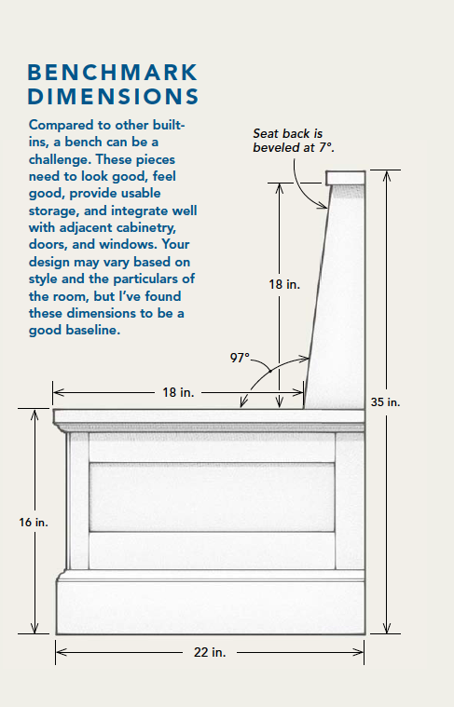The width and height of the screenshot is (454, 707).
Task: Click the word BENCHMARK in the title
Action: [113, 73]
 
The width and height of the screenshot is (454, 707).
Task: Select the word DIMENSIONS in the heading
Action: [113, 96]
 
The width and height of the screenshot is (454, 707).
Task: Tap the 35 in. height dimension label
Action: [386, 402]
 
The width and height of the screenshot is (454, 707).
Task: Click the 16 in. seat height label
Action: [34, 523]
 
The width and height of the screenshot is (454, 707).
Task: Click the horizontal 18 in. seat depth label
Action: [178, 393]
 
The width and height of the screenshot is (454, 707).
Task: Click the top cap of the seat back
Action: [345, 177]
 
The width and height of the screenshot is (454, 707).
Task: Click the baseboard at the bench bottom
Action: [210, 605]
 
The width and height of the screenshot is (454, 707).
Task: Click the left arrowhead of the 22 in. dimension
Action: [59, 653]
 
